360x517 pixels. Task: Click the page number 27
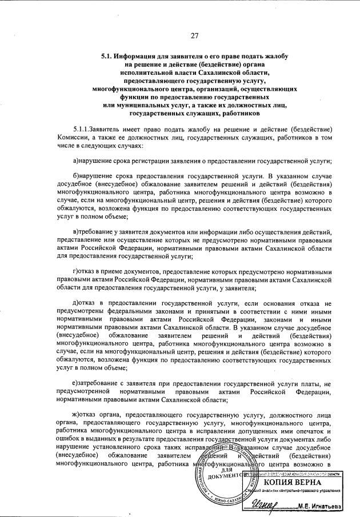tap(194, 36)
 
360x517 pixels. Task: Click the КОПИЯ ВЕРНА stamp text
tap(295, 482)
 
